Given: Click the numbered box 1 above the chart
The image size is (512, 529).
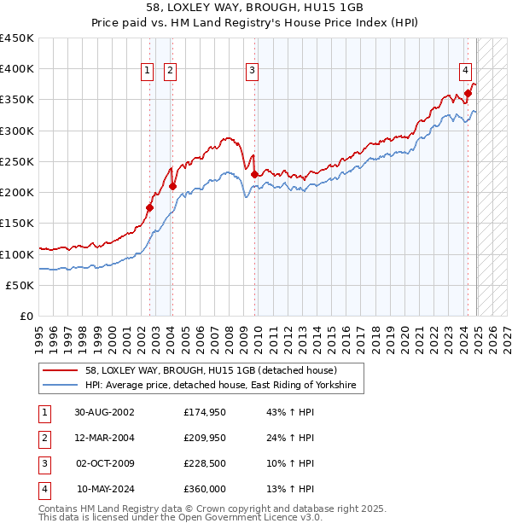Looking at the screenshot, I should click(x=148, y=72).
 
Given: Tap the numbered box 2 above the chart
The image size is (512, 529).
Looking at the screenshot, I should click(x=170, y=72).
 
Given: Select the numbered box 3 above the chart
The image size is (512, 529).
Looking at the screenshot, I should click(x=253, y=72).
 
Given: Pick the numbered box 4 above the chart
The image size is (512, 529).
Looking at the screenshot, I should click(x=465, y=72).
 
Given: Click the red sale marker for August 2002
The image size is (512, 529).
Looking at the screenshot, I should click(x=149, y=207).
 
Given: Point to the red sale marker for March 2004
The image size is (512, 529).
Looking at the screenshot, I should click(x=172, y=186).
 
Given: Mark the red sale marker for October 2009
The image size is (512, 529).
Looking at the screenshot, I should click(x=254, y=174).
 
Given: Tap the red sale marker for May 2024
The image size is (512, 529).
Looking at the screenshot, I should click(x=468, y=93).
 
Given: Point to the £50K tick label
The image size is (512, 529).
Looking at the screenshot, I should click(x=20, y=285).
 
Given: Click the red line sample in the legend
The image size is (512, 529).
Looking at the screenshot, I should click(x=61, y=370).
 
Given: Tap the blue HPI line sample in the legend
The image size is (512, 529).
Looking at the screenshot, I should click(x=61, y=386).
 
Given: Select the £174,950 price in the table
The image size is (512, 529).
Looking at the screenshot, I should click(x=205, y=412).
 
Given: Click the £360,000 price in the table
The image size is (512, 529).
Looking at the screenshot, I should click(x=205, y=489).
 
